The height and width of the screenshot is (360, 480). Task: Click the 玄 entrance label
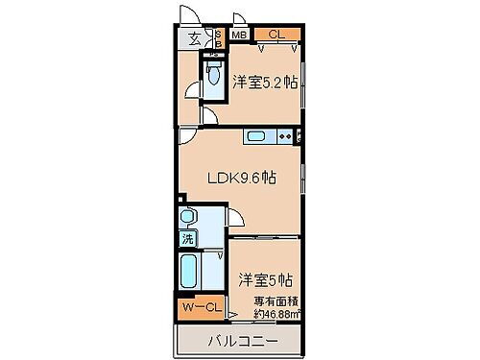194,38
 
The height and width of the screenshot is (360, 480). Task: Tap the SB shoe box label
216,39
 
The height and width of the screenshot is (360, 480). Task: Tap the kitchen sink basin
256,136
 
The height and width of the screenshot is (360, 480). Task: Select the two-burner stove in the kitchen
285,136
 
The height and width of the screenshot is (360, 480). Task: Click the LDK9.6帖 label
240,177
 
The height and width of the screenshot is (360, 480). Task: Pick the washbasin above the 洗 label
188,217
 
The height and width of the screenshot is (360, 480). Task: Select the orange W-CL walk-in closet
202,306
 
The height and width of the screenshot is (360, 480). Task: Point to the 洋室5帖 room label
266,280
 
